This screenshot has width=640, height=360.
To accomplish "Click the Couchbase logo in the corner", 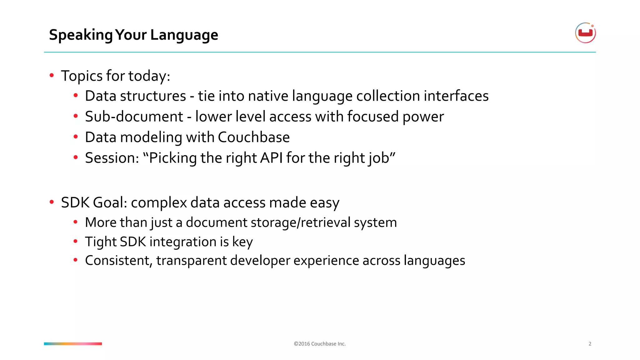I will [585, 33].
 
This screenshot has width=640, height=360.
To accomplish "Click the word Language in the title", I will [184, 35].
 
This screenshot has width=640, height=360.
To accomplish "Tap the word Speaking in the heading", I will [81, 35].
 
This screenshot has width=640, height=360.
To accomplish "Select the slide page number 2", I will [590, 344].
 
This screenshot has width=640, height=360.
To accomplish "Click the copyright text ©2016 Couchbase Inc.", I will [320, 344].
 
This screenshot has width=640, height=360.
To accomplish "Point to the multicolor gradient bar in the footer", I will [73, 344].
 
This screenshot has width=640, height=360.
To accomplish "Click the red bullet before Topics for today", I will [52, 75].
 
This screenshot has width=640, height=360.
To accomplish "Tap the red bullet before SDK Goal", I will [52, 202].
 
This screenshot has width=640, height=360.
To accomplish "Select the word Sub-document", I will [134, 117].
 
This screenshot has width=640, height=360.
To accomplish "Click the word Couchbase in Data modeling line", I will [254, 137].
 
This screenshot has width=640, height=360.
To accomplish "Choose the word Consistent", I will [118, 261].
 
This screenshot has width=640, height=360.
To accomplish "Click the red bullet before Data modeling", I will [76, 137].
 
